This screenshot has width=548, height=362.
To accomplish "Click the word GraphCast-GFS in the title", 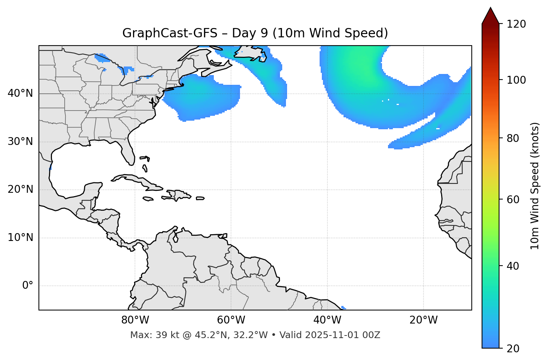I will click(170, 33).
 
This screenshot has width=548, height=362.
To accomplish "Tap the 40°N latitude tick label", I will click(20, 93).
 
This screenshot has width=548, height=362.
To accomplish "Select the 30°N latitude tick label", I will click(20, 142).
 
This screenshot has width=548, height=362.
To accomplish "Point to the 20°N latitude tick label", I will click(20, 189).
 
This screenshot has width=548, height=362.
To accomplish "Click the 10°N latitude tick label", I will click(20, 238).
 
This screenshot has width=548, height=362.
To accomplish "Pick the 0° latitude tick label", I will click(28, 286).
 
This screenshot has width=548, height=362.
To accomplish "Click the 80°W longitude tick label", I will click(135, 320).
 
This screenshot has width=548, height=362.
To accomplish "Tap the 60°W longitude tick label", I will click(231, 320).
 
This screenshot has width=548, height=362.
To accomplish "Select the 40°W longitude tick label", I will click(327, 320).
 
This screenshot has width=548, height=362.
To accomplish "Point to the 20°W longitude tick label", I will click(423, 320).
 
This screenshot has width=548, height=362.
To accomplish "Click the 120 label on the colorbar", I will click(516, 24).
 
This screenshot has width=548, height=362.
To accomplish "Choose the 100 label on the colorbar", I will click(516, 80).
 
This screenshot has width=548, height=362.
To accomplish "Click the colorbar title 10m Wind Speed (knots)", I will click(535, 186).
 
